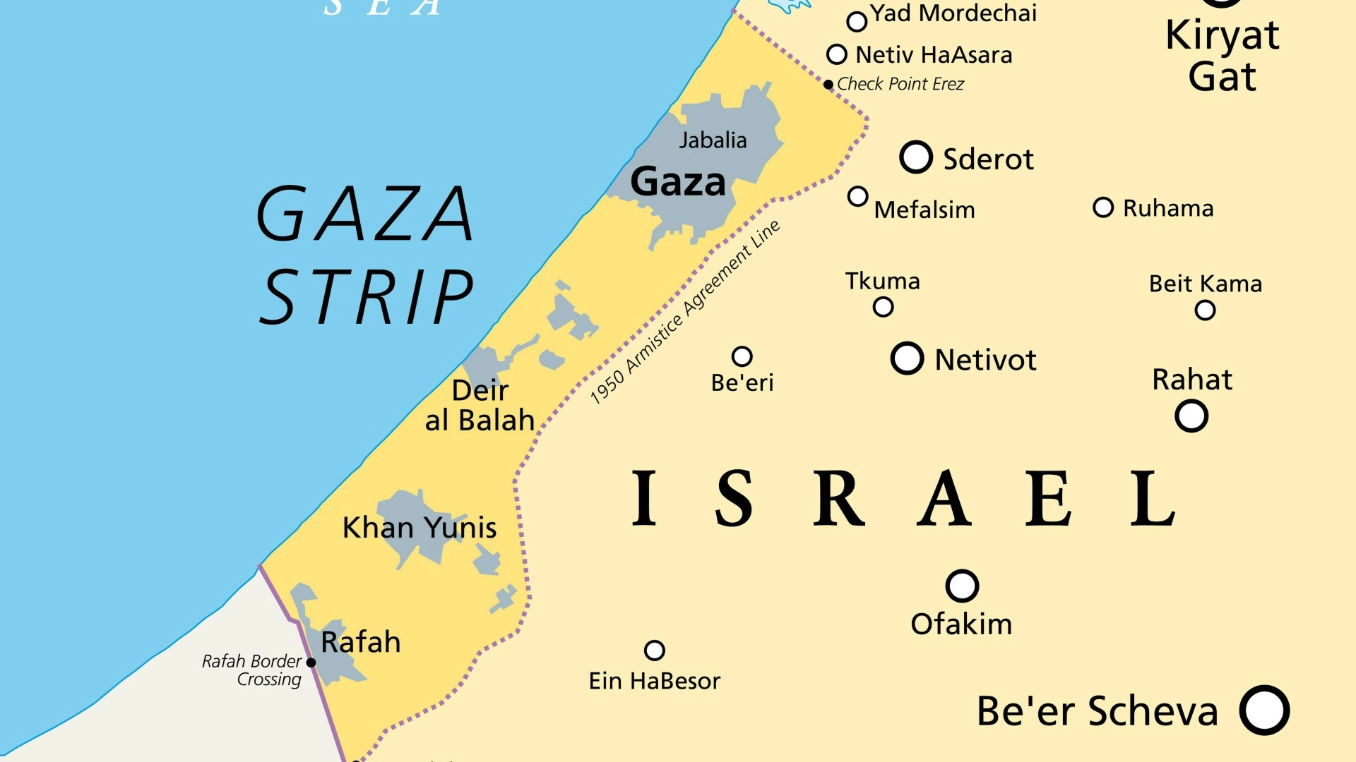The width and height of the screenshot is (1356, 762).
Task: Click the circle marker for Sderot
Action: tap(916, 157)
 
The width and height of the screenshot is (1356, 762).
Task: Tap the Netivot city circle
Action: tap(907, 358)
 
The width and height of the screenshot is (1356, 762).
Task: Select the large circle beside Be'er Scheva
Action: tap(1264, 710)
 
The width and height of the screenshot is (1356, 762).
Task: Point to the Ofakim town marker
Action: tap(962, 586)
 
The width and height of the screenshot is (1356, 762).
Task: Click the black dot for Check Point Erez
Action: tap(828, 85)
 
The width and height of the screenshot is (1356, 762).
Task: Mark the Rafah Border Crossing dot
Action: tap(311, 663)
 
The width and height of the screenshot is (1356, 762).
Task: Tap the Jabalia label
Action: tap(713, 140)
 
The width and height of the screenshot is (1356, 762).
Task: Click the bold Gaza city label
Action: tap(677, 182)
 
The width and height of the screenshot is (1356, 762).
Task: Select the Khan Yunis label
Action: tap(420, 528)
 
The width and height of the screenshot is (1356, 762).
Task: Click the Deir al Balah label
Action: tap(480, 406)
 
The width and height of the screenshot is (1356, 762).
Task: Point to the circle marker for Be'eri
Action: tap(742, 356)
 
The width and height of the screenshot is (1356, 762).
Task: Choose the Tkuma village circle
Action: tap(883, 307)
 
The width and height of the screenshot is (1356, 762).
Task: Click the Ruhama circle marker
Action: tap(1102, 207)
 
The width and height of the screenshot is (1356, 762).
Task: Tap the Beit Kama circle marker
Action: tap(1205, 310)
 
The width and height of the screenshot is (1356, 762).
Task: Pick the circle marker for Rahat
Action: tap(1191, 416)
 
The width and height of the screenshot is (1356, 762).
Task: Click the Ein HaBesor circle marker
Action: tap(655, 650)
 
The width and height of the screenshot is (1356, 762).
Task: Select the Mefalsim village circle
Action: tap(857, 196)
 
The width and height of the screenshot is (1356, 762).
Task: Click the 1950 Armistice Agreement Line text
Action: tap(684, 313)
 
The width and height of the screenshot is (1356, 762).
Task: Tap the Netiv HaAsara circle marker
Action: tap(837, 54)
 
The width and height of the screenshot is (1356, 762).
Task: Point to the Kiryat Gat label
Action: tap(1222, 56)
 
